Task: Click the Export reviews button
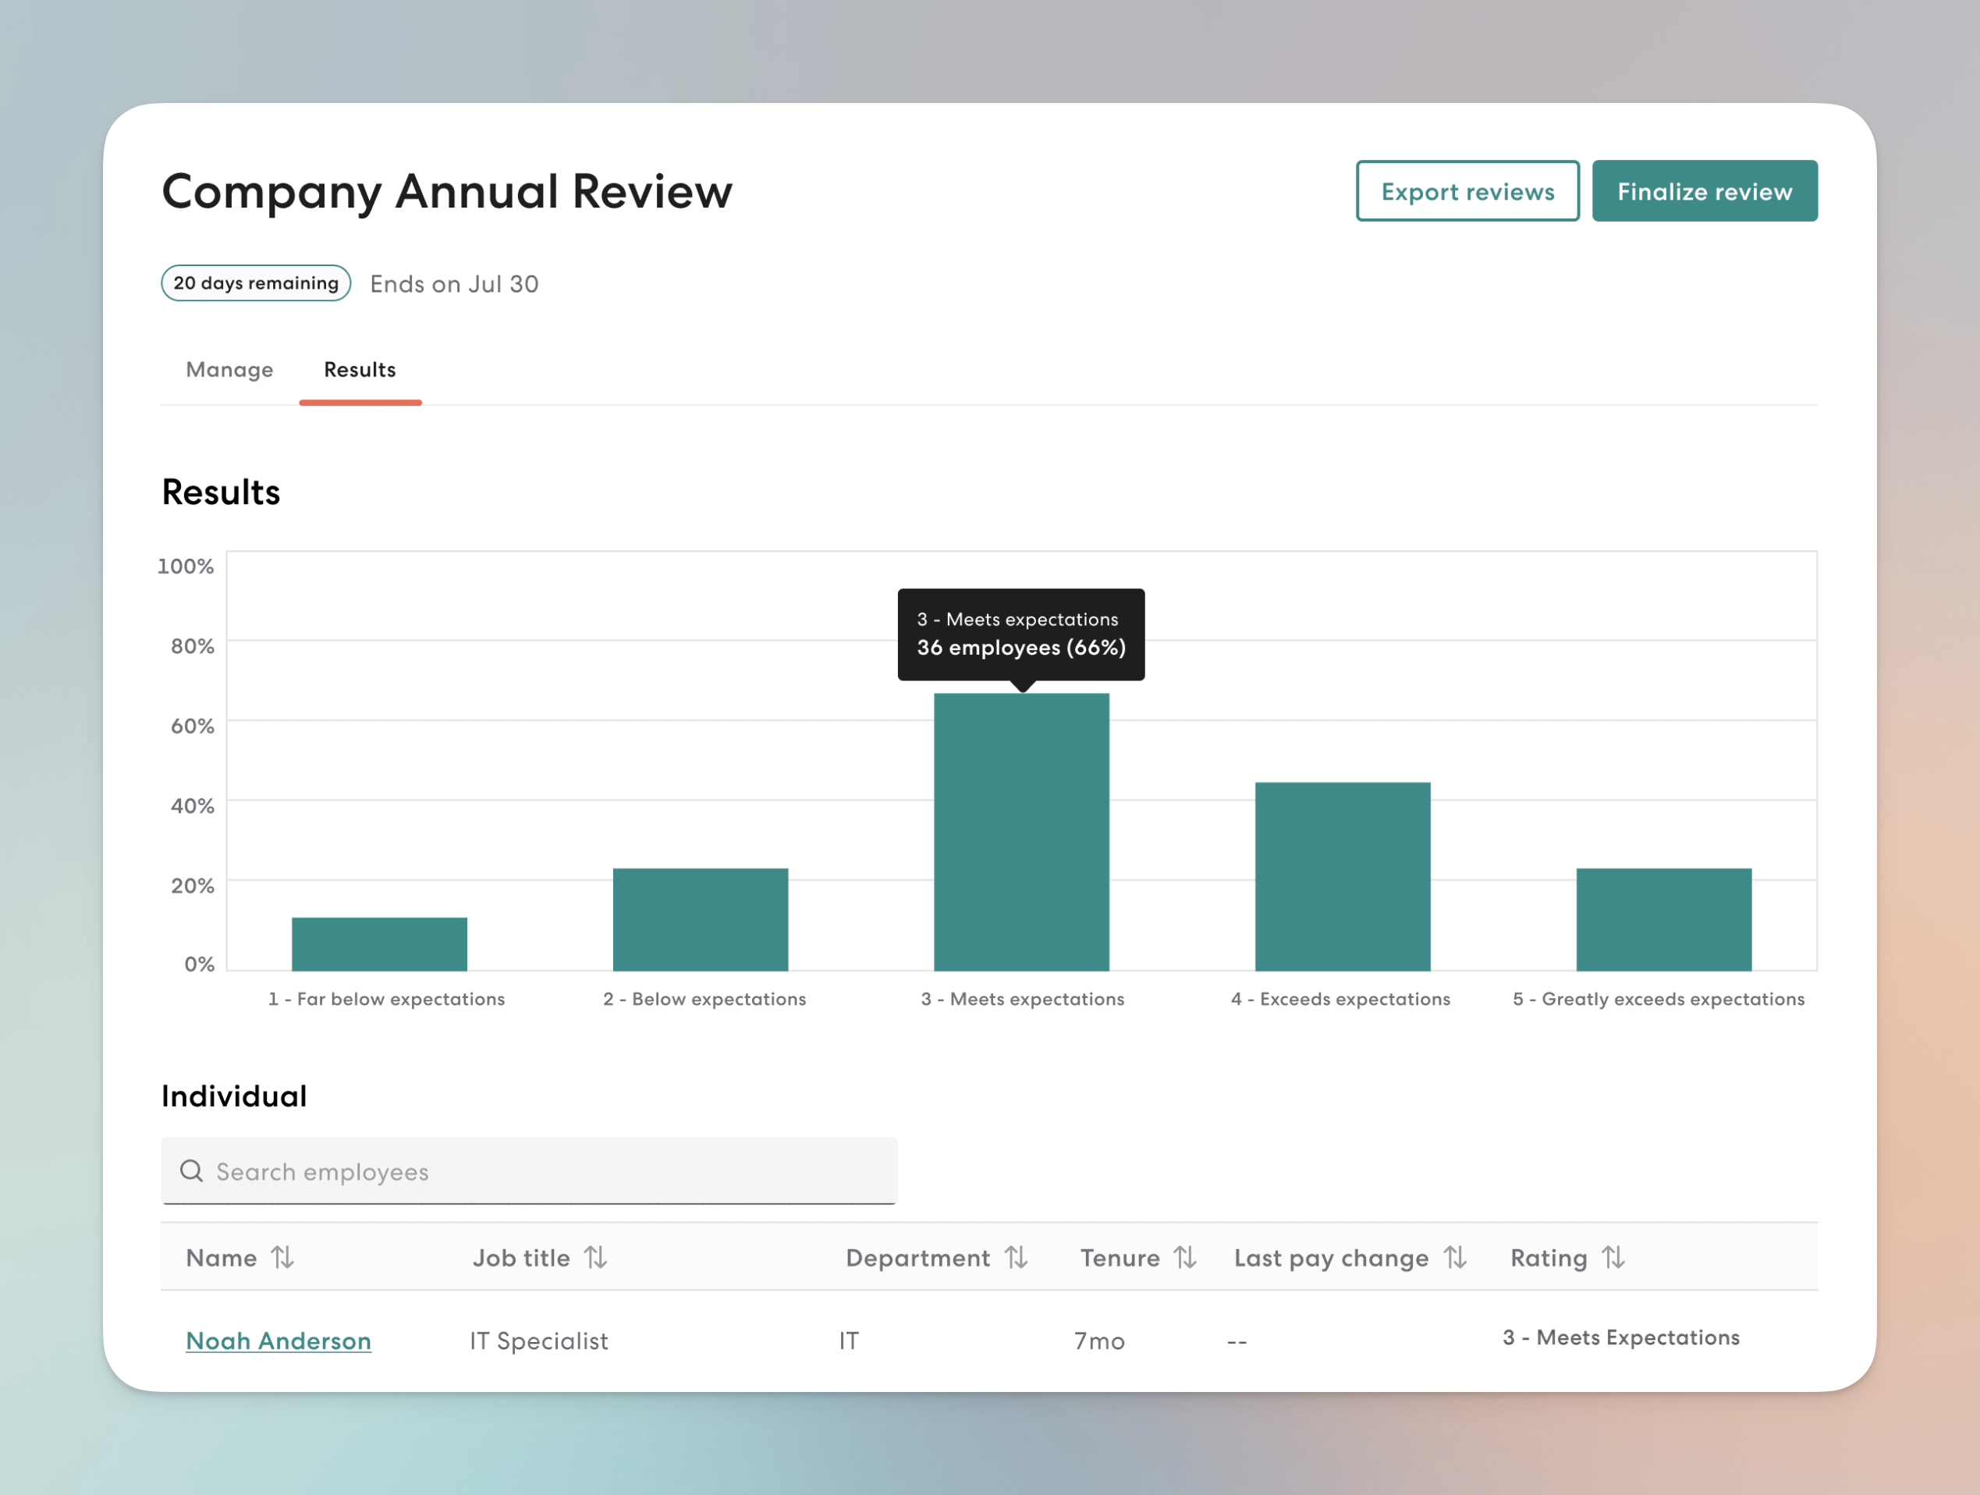click(x=1467, y=192)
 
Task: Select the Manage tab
click(x=229, y=370)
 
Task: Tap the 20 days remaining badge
click(x=256, y=283)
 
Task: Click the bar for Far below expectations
click(x=378, y=943)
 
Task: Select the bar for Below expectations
click(x=700, y=919)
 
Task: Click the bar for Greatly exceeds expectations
click(x=1663, y=919)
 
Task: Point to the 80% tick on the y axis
click(x=193, y=646)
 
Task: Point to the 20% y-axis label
click(x=193, y=886)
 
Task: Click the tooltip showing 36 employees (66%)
click(x=1020, y=634)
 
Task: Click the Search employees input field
click(x=528, y=1171)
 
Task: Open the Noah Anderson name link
click(x=279, y=1341)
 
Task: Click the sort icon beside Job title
click(x=596, y=1258)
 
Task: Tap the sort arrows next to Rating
click(x=1613, y=1258)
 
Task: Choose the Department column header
click(x=917, y=1258)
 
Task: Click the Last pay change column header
click(x=1330, y=1258)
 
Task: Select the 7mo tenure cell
click(x=1099, y=1341)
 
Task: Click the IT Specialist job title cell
click(x=539, y=1341)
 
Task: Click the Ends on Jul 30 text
click(x=454, y=284)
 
